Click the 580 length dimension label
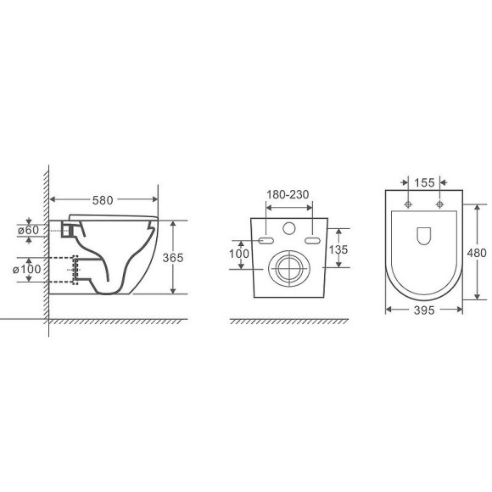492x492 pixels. (103, 200)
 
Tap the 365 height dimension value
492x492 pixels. (173, 258)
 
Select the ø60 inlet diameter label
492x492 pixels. (29, 230)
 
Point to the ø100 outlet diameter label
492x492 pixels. (26, 269)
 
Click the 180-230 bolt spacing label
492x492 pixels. (288, 194)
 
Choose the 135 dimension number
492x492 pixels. (338, 249)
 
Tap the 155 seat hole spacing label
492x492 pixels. (424, 182)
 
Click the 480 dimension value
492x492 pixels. (477, 253)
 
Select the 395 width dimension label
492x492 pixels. (424, 310)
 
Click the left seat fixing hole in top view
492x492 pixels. (408, 204)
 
